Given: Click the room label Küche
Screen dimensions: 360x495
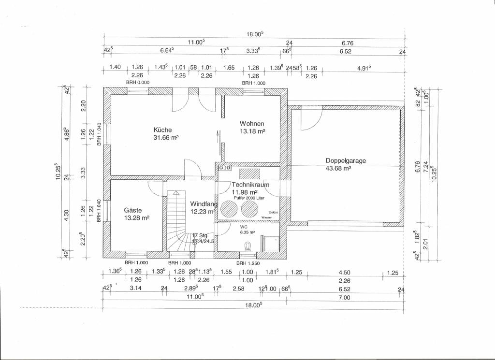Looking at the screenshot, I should [x=162, y=130].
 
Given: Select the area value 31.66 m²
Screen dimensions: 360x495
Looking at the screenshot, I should [x=166, y=138].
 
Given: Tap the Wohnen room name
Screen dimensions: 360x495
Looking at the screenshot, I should [x=252, y=123].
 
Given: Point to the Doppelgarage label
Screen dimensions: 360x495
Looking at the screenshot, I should [x=345, y=160].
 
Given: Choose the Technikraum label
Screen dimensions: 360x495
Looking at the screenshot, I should [x=250, y=185].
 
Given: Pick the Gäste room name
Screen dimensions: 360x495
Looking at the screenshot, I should [x=132, y=210].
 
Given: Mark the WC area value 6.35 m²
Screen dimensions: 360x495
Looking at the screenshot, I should [x=247, y=232].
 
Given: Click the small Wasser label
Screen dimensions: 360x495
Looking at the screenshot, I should [x=267, y=218].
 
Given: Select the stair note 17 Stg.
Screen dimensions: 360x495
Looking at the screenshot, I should [x=200, y=235].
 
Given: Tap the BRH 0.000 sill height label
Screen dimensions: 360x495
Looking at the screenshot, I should [x=138, y=83].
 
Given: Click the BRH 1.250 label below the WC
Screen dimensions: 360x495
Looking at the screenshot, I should [x=247, y=263].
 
